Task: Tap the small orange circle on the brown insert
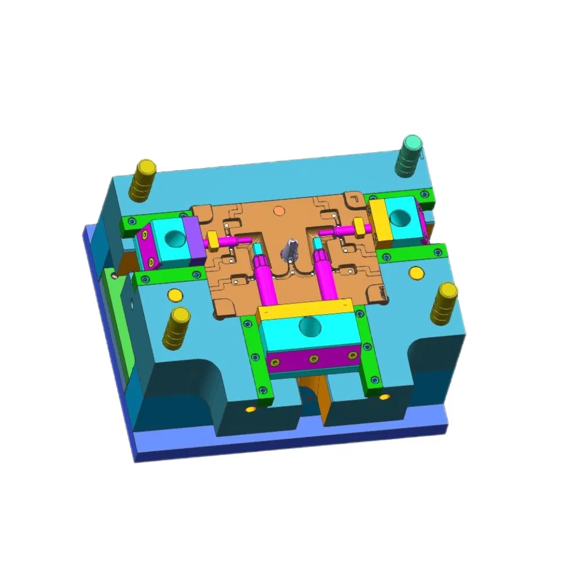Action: tap(278, 211)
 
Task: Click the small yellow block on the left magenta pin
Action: tap(213, 241)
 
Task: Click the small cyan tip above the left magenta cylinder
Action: tap(258, 248)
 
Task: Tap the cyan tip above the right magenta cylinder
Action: tap(318, 244)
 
